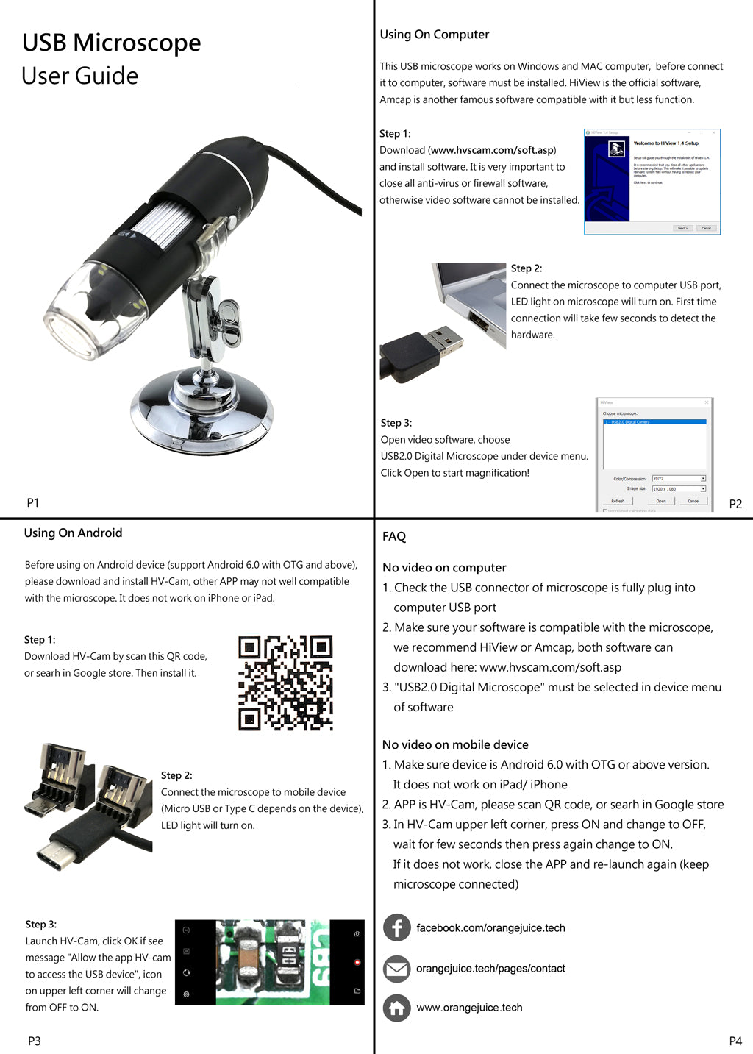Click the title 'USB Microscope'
coord(111,43)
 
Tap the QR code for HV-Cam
coord(285,683)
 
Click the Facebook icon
coord(397,927)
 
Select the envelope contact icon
coord(397,969)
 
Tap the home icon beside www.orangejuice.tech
coord(397,1008)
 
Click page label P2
coord(735,504)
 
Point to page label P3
coord(35,1041)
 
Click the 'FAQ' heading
coord(394,536)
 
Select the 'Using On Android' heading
coord(73,533)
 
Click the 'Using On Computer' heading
coord(434,34)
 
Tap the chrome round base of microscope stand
coord(201,416)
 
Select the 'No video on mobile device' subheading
coord(455,744)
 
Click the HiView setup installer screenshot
coord(652,182)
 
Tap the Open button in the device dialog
coord(660,501)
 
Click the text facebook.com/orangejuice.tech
coord(490,927)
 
